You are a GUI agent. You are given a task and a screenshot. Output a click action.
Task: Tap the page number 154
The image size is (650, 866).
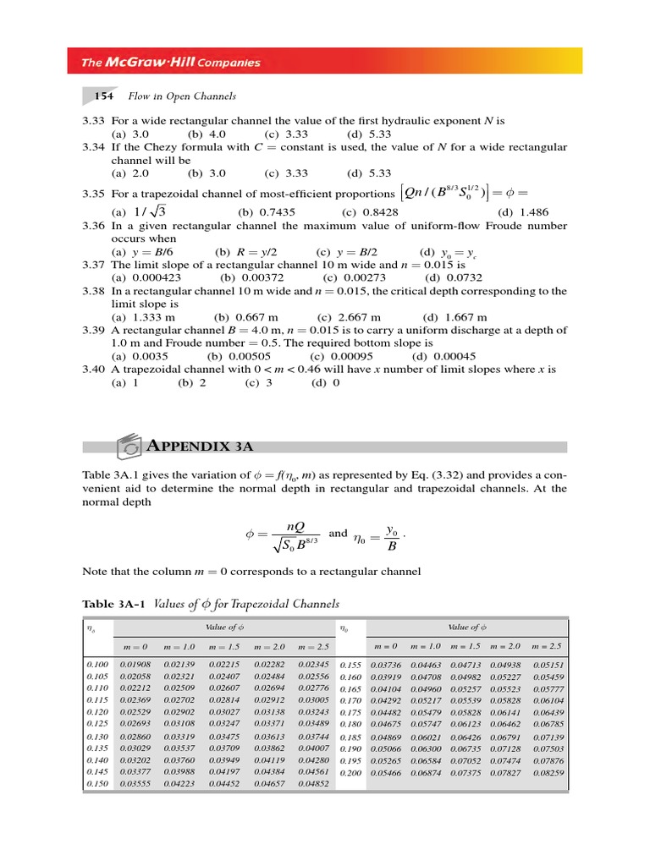[103, 96]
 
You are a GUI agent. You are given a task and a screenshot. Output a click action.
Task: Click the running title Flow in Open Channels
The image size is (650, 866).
[182, 96]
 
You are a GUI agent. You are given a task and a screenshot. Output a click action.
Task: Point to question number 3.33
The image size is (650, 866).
[92, 122]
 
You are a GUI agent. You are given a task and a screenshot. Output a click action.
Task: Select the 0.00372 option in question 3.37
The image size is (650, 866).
[246, 277]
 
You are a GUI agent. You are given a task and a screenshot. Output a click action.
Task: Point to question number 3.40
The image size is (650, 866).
[92, 370]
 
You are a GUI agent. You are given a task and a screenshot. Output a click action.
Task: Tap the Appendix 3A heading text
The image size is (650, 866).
[201, 446]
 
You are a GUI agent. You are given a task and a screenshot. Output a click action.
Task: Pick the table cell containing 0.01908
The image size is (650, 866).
[135, 666]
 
